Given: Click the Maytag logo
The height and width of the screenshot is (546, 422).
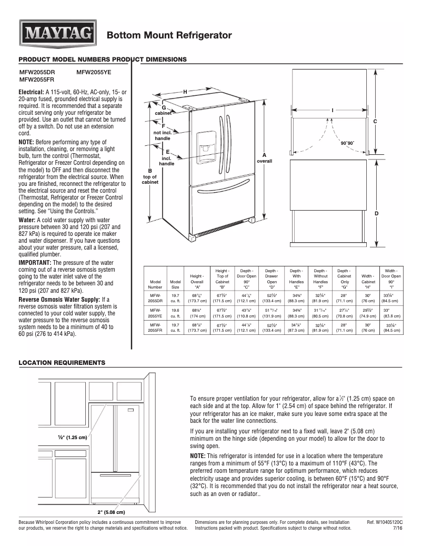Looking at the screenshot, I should coord(58,35).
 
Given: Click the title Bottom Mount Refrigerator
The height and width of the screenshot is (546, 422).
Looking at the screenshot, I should coord(169,35).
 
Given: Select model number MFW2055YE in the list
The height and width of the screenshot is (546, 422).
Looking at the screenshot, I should coord(94,73).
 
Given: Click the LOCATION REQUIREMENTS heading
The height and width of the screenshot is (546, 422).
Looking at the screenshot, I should coord(62,363).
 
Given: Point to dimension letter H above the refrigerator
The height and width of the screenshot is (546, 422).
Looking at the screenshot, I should coord(185,92).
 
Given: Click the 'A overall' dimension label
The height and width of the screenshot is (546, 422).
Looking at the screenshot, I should coord(264,158).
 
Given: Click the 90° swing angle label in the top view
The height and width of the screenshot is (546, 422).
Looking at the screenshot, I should coord(347,143).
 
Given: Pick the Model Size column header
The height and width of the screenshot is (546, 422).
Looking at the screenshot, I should coord(175,284).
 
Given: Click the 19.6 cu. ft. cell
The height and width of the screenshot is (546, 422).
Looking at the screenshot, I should coord(175,313).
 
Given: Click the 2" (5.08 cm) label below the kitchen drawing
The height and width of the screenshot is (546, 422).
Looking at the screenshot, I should coord(111,511).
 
